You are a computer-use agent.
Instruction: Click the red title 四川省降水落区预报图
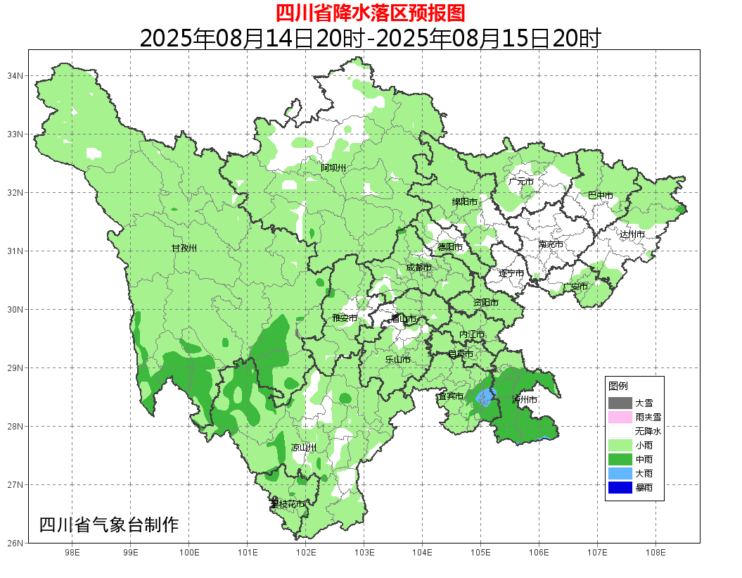[370, 13]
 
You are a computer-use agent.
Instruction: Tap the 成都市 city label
[418, 268]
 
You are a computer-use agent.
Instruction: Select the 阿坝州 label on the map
[333, 168]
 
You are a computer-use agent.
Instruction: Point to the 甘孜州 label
[184, 249]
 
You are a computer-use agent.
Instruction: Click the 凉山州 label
[304, 448]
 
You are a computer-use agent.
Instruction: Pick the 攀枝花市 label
[288, 504]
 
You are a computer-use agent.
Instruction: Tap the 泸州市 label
[525, 399]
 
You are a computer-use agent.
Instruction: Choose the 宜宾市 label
[450, 396]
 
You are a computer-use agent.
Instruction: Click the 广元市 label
[520, 182]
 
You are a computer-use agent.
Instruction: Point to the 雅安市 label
[345, 318]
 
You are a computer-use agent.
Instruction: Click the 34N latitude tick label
[15, 75]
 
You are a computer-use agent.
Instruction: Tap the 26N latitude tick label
[15, 543]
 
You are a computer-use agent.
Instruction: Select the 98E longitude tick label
[72, 553]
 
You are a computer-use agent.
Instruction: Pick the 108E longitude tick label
[655, 553]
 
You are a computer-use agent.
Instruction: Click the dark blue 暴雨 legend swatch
[620, 487]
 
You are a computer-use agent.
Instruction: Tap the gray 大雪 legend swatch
[620, 403]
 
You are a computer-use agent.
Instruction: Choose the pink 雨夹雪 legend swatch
[620, 417]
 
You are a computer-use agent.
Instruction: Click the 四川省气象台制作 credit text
[109, 525]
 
